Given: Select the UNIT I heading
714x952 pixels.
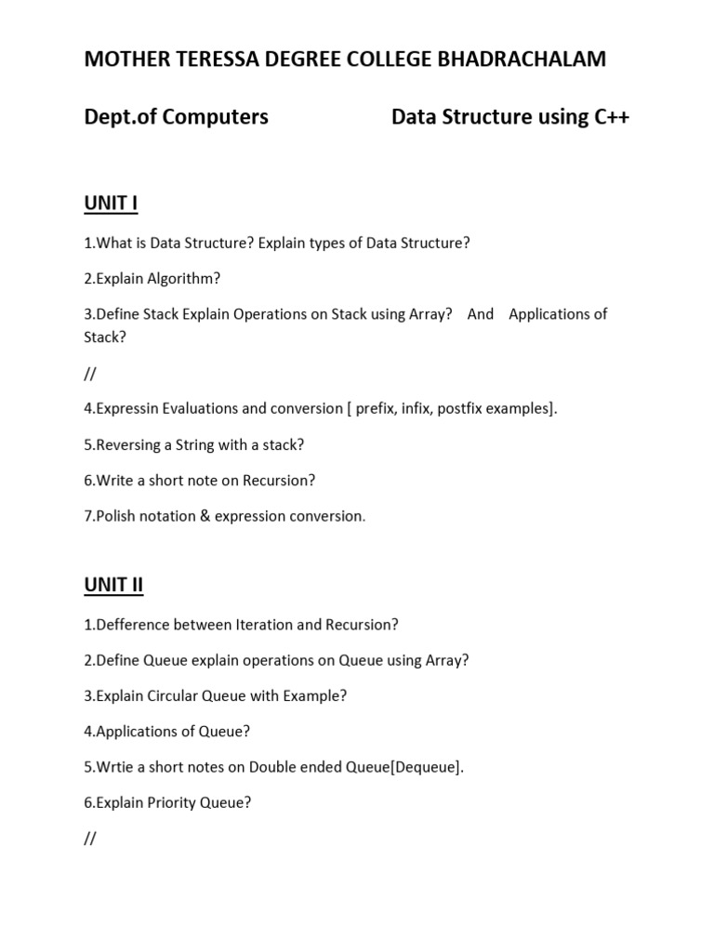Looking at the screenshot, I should (x=112, y=204).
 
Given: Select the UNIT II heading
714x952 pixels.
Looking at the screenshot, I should (x=114, y=585).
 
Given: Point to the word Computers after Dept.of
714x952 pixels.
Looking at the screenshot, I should (x=214, y=117).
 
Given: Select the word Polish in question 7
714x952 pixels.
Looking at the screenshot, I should (x=117, y=516).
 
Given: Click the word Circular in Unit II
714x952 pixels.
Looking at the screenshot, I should (x=177, y=695).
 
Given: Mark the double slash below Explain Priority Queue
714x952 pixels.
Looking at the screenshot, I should (x=90, y=839).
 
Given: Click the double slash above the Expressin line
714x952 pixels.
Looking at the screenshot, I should (x=90, y=374).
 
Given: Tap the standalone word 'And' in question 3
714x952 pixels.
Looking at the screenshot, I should (x=481, y=314).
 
